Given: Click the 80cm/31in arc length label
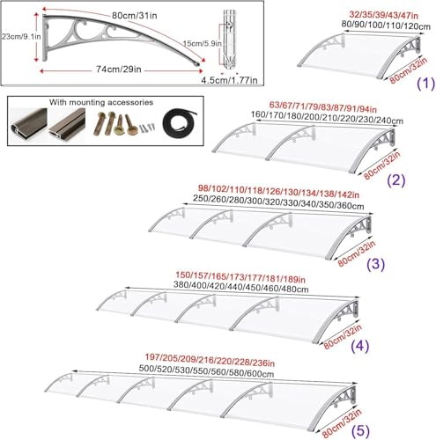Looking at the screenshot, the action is tap(134, 15).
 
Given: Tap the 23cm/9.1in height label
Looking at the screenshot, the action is tap(21, 37).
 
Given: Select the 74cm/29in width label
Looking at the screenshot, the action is tap(119, 70).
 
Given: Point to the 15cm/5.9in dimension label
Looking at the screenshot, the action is tap(203, 44).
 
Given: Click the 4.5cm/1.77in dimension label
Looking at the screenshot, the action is tap(229, 80).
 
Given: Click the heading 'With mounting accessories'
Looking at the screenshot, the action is tap(101, 102).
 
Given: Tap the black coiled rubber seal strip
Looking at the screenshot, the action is tap(179, 123).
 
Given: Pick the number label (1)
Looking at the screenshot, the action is tap(425, 84).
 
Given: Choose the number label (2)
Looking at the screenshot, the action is tap(396, 180).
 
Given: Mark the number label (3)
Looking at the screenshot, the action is tap(376, 264).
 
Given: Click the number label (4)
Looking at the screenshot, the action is tap(360, 345).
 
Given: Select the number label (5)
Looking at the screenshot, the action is tap(360, 431).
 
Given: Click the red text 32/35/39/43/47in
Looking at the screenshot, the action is tap(384, 15).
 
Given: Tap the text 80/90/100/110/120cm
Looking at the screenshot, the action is tap(386, 26).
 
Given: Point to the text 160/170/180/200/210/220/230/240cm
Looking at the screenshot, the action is tap(327, 118).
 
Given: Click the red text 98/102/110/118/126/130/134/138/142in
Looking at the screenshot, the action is tap(278, 191).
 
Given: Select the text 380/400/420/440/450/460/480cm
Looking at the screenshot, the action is tap(240, 287).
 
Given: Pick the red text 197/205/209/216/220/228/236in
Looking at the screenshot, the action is tap(210, 360).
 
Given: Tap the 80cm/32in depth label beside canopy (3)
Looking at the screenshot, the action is tap(356, 254).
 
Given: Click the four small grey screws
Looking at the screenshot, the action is tap(147, 128).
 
